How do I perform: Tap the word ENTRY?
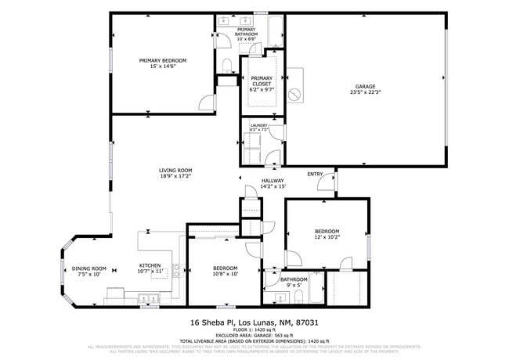click(315, 174)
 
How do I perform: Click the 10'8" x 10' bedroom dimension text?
click(226, 274)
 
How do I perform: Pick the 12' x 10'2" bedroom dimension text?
click(327, 237)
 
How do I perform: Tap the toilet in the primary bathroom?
click(226, 64)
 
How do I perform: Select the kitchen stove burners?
click(114, 293)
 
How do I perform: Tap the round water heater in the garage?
click(295, 94)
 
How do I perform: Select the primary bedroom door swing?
click(205, 103)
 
